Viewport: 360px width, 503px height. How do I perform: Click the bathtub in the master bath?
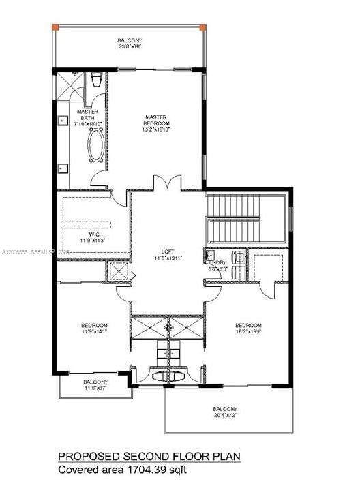tap(95, 145)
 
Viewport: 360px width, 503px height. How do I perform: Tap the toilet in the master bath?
tap(97, 80)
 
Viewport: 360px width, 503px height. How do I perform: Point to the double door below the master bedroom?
tap(168, 183)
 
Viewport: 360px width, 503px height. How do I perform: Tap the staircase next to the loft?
tap(247, 219)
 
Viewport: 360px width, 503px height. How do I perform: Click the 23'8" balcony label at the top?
tap(129, 44)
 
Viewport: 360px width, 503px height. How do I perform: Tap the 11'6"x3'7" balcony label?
tap(95, 385)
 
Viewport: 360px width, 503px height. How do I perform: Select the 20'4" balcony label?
tap(228, 412)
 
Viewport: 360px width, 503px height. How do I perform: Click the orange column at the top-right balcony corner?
tap(202, 27)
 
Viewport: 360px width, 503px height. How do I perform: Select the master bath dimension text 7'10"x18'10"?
tap(87, 123)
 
